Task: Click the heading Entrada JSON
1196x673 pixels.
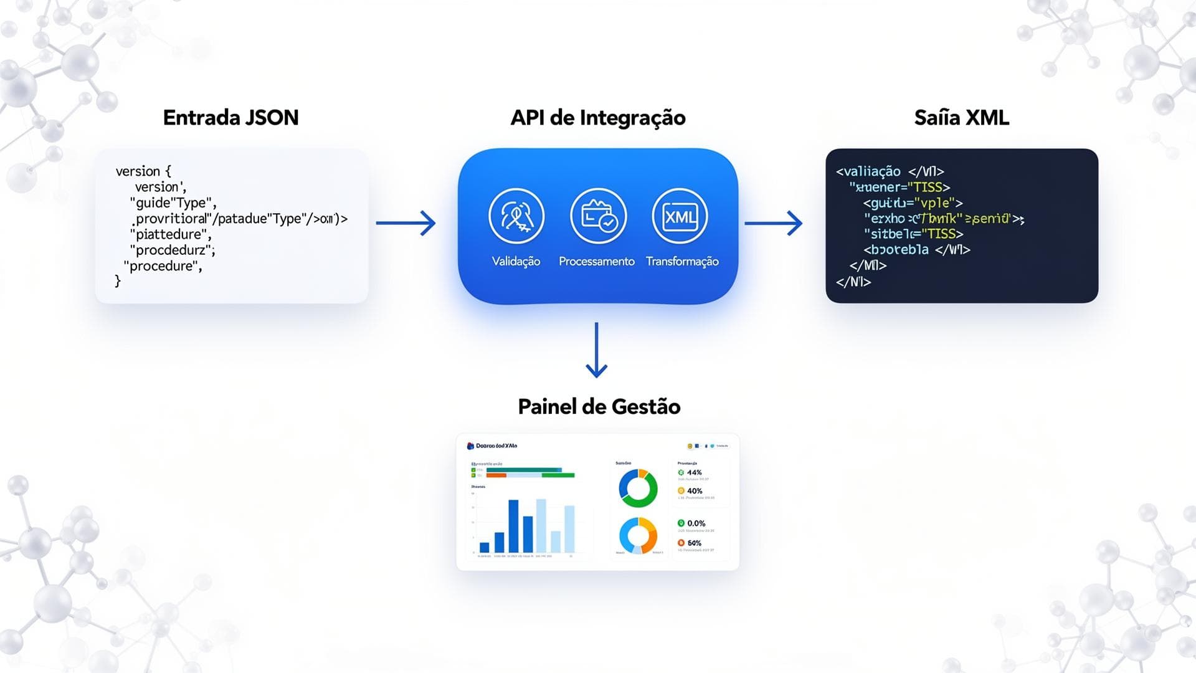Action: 230,118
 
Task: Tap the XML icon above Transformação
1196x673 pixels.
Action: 680,216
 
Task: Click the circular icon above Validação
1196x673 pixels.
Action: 516,216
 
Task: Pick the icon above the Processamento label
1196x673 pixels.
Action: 598,216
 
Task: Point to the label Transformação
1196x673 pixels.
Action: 682,262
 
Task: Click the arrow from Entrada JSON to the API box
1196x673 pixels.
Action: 406,223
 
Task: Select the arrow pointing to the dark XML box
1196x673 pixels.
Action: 773,223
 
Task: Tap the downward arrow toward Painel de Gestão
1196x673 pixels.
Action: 597,350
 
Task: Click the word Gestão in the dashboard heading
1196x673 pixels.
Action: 647,407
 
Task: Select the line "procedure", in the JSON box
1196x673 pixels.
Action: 163,266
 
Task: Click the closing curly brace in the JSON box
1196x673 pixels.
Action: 118,282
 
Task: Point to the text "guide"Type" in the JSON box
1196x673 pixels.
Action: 173,203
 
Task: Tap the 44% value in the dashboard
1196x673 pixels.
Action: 694,473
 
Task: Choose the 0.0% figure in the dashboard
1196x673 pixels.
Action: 696,523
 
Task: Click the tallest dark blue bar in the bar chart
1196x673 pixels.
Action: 513,527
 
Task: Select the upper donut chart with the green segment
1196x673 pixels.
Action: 638,488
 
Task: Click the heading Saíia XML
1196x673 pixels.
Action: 961,118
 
